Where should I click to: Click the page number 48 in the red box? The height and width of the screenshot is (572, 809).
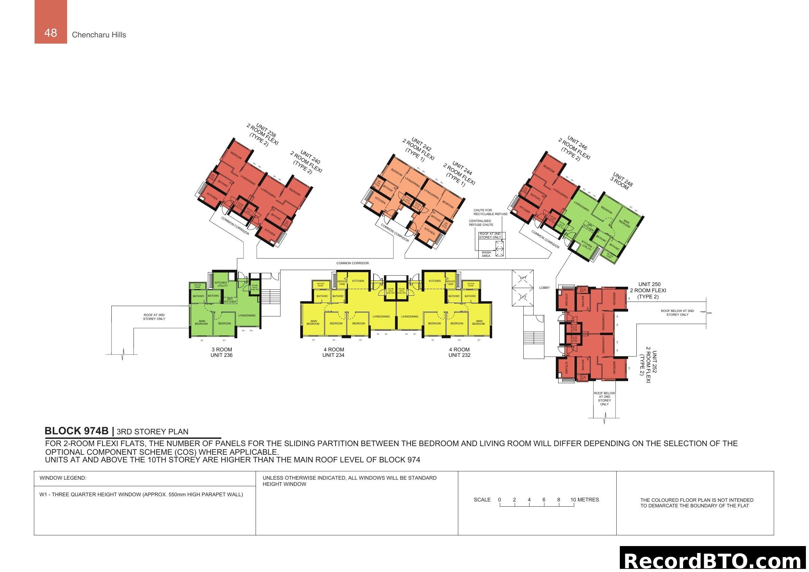tap(51, 33)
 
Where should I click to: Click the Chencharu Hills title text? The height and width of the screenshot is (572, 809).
tap(99, 35)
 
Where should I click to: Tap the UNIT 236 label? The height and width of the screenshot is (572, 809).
tap(221, 355)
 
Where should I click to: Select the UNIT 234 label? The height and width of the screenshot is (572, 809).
tap(333, 355)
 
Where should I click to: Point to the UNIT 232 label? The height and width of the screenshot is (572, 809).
tap(459, 355)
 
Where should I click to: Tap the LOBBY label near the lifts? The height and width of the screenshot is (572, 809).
tap(544, 288)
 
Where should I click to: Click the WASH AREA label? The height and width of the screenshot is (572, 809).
tap(486, 254)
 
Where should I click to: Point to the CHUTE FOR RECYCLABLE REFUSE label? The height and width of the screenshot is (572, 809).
tap(490, 212)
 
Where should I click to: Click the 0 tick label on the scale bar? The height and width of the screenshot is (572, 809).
tap(499, 499)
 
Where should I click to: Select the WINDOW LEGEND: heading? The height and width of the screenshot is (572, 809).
tap(63, 478)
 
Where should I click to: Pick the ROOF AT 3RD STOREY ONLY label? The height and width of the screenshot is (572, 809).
tap(154, 317)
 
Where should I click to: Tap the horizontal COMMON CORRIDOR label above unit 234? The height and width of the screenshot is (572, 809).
tap(352, 263)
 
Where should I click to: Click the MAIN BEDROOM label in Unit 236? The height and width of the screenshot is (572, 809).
tap(202, 322)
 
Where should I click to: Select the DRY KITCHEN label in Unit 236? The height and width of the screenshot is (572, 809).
tap(230, 300)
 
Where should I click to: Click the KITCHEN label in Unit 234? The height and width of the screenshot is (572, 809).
tap(358, 281)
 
